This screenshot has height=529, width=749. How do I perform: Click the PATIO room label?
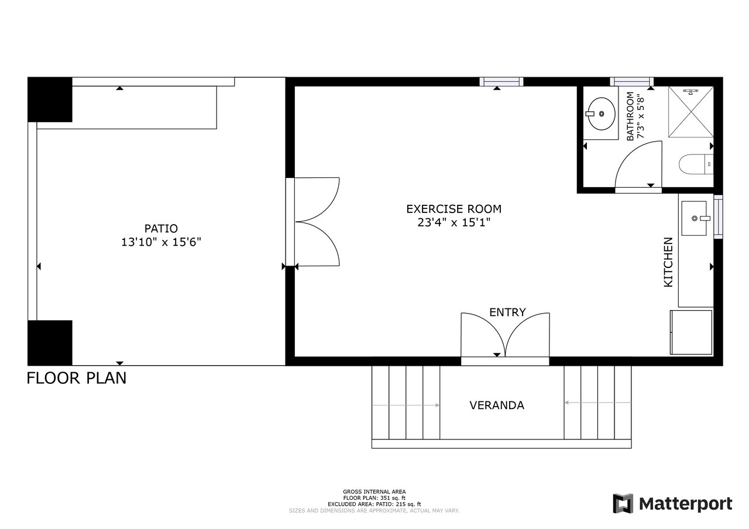click(x=161, y=228)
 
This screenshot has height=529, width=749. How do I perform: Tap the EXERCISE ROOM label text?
click(x=453, y=209)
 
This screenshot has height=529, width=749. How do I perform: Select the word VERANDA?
click(x=497, y=406)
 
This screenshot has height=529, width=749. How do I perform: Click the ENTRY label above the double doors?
click(x=507, y=312)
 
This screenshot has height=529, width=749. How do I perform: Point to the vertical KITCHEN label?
click(x=668, y=262)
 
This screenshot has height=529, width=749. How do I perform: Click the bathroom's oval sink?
click(x=601, y=114)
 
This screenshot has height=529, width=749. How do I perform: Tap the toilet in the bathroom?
click(x=696, y=164)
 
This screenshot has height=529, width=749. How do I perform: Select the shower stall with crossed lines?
click(x=691, y=112)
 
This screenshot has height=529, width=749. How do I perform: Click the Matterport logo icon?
click(x=623, y=503)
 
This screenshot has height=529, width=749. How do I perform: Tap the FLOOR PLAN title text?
click(x=77, y=378)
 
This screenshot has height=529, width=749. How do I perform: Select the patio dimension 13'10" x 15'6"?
click(x=161, y=242)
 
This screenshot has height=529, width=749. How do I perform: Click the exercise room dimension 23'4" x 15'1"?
click(x=453, y=222)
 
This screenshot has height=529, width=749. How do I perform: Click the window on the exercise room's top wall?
click(x=501, y=82)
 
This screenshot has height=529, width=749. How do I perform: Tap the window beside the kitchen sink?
click(x=718, y=217)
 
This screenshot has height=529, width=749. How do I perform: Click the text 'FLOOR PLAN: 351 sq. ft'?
click(x=374, y=498)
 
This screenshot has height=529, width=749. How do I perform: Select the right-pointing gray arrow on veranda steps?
click(x=406, y=406)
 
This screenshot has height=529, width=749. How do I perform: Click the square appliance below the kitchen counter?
click(x=691, y=332)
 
